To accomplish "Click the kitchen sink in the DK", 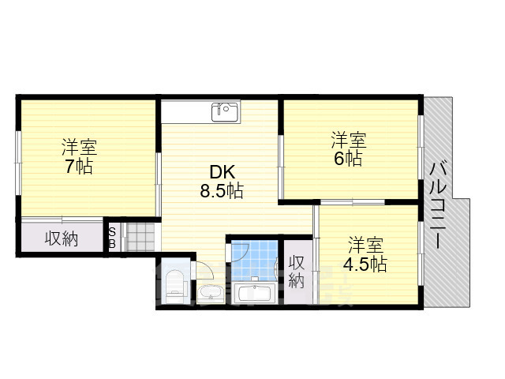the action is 226,111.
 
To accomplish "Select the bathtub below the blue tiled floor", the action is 254,292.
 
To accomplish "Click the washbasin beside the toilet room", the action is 211,293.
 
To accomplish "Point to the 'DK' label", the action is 223,172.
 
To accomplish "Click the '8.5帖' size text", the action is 222,191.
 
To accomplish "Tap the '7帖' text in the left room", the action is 79,167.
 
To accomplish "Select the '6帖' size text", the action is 348,159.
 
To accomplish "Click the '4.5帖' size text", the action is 365,265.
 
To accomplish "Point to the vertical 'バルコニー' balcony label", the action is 438,206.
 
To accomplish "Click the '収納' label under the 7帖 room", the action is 62,238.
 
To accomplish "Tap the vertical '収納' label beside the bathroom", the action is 297,272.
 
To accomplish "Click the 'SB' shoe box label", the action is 112,238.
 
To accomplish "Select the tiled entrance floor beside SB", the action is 140,237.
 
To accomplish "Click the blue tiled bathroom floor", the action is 254,261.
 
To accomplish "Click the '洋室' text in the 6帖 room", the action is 349,140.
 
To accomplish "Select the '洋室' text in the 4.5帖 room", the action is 366,246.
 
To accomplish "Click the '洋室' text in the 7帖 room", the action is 80,148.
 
